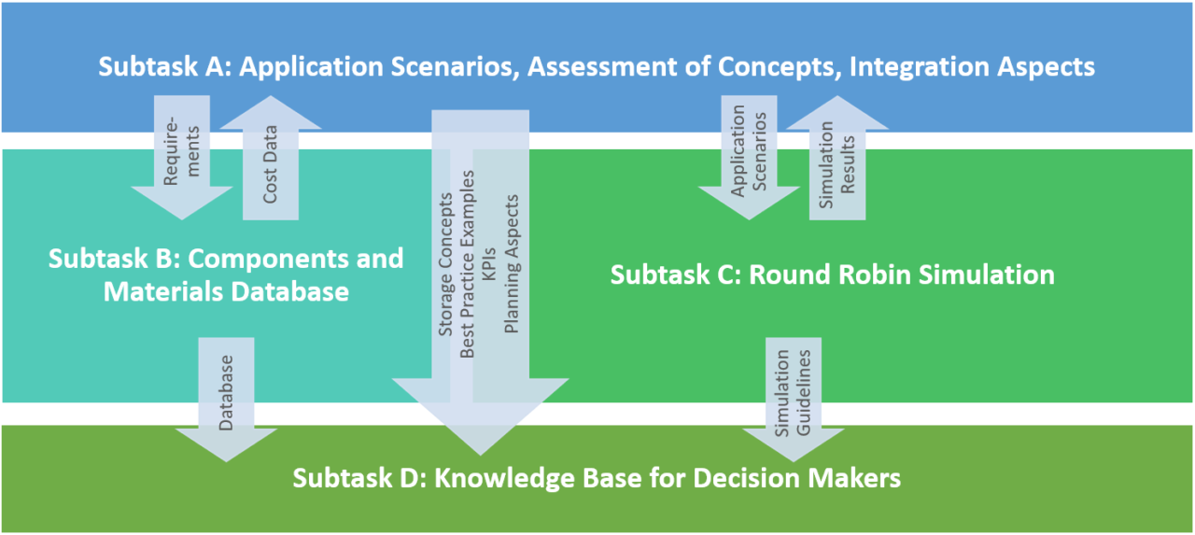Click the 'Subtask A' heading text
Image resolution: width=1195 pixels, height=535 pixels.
pyautogui.click(x=597, y=67)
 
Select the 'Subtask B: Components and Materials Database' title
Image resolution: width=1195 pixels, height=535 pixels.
pyautogui.click(x=226, y=275)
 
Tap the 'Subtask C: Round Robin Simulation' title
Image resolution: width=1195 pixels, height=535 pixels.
pyautogui.click(x=832, y=275)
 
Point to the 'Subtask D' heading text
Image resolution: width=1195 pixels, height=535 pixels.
pyautogui.click(x=597, y=478)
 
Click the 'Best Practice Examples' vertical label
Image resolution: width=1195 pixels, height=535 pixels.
pyautogui.click(x=469, y=264)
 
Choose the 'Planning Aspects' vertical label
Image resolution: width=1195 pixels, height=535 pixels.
pyautogui.click(x=512, y=264)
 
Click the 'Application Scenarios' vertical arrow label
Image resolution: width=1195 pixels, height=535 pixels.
pyautogui.click(x=750, y=151)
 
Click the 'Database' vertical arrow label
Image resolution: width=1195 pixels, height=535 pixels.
pyautogui.click(x=226, y=392)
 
